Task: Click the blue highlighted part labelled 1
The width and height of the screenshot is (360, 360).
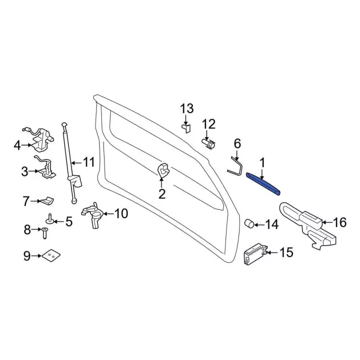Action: pos(263,184)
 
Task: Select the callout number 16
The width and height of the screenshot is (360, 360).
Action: pos(339,222)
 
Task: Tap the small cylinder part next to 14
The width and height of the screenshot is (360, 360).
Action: pos(249,223)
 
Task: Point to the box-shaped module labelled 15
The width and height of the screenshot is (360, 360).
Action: pos(255,254)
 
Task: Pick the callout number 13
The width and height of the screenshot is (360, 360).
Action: pos(187,109)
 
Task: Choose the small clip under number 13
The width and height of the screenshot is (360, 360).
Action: pos(187,128)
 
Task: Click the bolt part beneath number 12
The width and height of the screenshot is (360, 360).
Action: pos(209,144)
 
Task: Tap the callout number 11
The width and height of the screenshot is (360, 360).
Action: pos(89,162)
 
